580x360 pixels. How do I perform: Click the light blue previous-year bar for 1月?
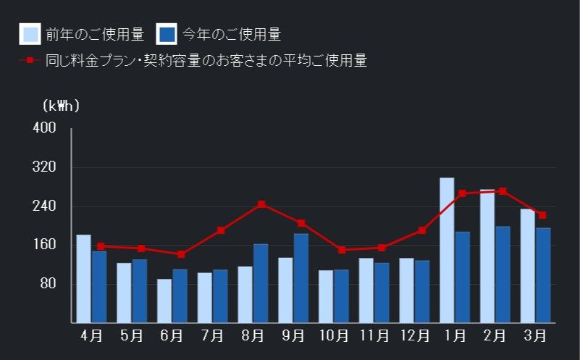point(447,250)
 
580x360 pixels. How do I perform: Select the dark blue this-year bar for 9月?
point(301,277)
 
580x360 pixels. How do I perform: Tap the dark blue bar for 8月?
point(261,282)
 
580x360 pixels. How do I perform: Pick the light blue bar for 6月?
point(164,301)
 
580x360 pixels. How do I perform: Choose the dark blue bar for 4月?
point(99,286)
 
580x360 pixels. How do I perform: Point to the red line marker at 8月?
point(261,204)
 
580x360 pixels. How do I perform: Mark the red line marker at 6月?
point(181,254)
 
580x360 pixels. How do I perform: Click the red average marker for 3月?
point(542,215)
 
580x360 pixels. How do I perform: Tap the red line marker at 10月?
point(342,250)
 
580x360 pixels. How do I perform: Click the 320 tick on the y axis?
point(45,167)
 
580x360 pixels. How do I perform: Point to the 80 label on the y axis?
point(48,283)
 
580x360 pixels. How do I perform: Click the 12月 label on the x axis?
point(415,336)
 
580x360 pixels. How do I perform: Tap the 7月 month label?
point(212,336)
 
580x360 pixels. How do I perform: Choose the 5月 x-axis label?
point(132,336)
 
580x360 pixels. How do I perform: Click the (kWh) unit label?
point(62,106)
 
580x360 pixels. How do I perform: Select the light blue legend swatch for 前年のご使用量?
point(30,34)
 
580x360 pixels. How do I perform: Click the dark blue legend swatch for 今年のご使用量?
point(167,34)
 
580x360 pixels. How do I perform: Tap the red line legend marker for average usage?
point(30,60)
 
